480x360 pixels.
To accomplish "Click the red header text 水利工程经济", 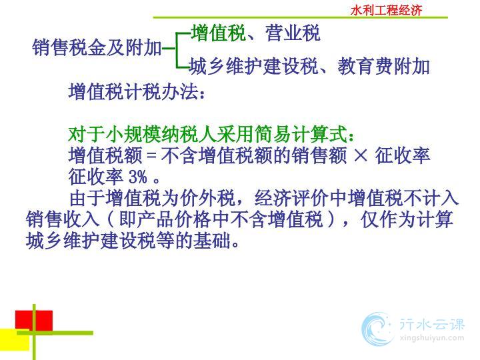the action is (x=386, y=11).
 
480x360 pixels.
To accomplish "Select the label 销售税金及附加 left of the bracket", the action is (x=97, y=47).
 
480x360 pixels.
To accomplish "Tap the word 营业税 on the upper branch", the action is (x=293, y=33).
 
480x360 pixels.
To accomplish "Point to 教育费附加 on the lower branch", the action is (x=384, y=66).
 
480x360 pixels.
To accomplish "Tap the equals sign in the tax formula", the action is (x=151, y=155).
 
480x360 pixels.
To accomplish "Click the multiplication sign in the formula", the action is (x=361, y=155).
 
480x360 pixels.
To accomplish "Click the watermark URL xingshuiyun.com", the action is (x=431, y=338).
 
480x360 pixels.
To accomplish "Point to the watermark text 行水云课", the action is (x=432, y=324).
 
